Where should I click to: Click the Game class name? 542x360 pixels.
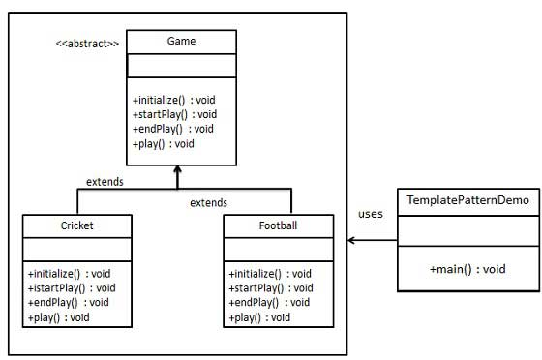181,42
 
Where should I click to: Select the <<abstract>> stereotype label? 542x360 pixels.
88,44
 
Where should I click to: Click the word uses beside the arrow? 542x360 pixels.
370,214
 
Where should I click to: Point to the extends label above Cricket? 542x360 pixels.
104,181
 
